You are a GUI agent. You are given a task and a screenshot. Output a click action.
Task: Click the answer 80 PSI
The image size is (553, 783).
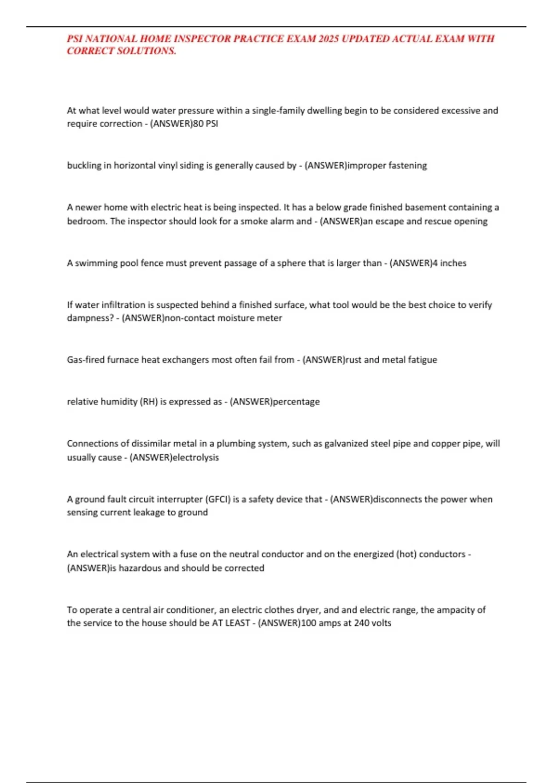(206, 124)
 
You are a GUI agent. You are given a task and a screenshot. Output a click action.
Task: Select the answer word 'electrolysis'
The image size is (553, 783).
(195, 457)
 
